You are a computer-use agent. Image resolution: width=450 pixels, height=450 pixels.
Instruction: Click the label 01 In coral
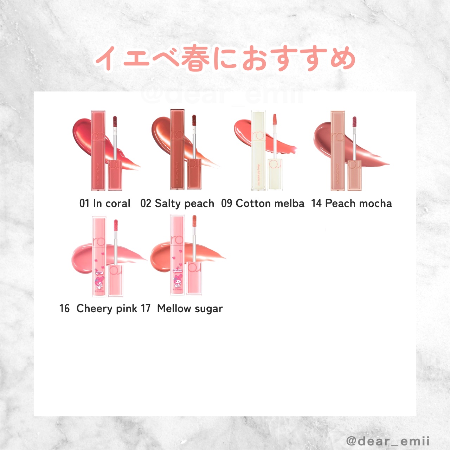(x=105, y=203)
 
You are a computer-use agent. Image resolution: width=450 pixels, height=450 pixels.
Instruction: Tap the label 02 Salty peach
(x=177, y=203)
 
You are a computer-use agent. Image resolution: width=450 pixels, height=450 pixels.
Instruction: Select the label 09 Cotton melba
(x=263, y=203)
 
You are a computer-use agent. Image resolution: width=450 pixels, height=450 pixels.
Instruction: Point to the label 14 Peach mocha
(x=352, y=203)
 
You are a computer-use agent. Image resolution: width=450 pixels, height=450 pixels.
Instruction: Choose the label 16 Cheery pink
(x=98, y=308)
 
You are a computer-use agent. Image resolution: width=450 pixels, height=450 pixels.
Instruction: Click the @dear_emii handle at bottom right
(x=388, y=441)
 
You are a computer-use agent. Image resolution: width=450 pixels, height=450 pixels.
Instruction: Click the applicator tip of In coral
(x=115, y=122)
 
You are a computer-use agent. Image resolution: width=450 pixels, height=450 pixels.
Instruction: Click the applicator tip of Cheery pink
(x=116, y=225)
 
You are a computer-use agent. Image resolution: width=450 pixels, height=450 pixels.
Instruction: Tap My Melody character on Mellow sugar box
(x=177, y=281)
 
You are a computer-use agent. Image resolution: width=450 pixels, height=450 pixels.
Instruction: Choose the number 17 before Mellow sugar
(x=146, y=308)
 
